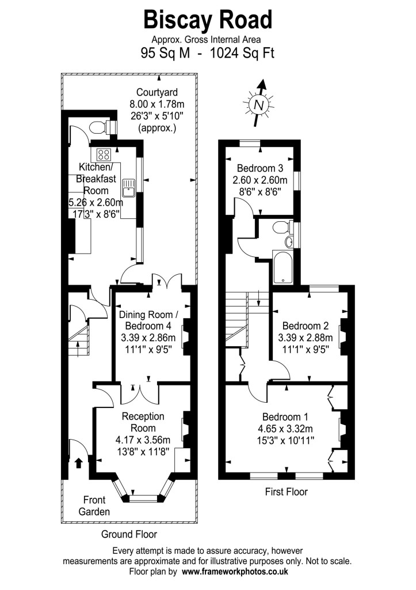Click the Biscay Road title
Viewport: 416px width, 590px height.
[208, 20]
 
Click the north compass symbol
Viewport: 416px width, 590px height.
[258, 104]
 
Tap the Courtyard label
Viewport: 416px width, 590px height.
[157, 92]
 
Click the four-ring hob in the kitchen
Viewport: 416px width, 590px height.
[104, 154]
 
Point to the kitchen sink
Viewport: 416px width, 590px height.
[128, 188]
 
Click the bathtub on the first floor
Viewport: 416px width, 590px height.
[282, 267]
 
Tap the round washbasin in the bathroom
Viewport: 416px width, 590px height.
[289, 241]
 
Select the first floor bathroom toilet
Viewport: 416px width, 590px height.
[284, 227]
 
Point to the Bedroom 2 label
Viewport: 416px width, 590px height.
[306, 326]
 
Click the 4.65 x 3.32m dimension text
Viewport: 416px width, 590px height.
[285, 428]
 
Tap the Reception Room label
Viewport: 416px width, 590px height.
[143, 422]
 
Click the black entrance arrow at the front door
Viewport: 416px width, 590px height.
[79, 463]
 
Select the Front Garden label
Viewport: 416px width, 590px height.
[94, 506]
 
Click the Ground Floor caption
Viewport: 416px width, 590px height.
[129, 534]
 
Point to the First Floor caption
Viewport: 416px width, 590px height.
[287, 491]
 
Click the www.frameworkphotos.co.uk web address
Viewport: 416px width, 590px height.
[235, 571]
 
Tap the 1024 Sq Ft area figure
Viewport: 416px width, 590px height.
[242, 53]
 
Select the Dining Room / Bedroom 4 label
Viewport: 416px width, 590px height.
[146, 320]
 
